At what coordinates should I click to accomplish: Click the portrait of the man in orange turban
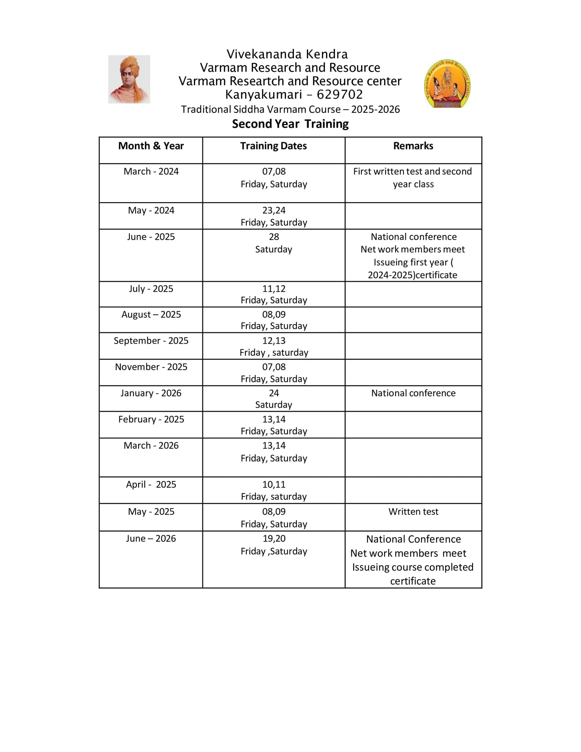pyautogui.click(x=129, y=79)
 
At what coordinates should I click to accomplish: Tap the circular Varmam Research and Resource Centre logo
pyautogui.click(x=447, y=84)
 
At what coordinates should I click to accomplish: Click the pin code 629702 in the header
pyautogui.click(x=340, y=94)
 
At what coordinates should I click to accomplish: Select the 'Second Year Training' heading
pyautogui.click(x=290, y=124)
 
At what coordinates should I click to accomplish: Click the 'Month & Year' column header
pyautogui.click(x=151, y=146)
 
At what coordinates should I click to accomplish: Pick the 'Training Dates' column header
pyautogui.click(x=273, y=146)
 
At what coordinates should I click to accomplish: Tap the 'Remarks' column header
pyautogui.click(x=413, y=146)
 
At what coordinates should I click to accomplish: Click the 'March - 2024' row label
pyautogui.click(x=151, y=171)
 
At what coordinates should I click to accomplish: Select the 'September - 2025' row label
pyautogui.click(x=151, y=340)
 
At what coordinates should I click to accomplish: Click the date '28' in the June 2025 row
pyautogui.click(x=274, y=236)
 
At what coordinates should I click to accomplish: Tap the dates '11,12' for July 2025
pyautogui.click(x=274, y=288)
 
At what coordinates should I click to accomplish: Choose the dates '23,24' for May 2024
pyautogui.click(x=274, y=210)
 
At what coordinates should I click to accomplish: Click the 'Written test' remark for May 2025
pyautogui.click(x=413, y=511)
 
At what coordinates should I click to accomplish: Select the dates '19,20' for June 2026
pyautogui.click(x=274, y=538)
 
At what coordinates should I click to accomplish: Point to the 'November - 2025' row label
pyautogui.click(x=151, y=367)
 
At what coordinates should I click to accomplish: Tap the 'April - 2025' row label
pyautogui.click(x=151, y=484)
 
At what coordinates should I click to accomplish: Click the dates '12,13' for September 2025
pyautogui.click(x=274, y=340)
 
